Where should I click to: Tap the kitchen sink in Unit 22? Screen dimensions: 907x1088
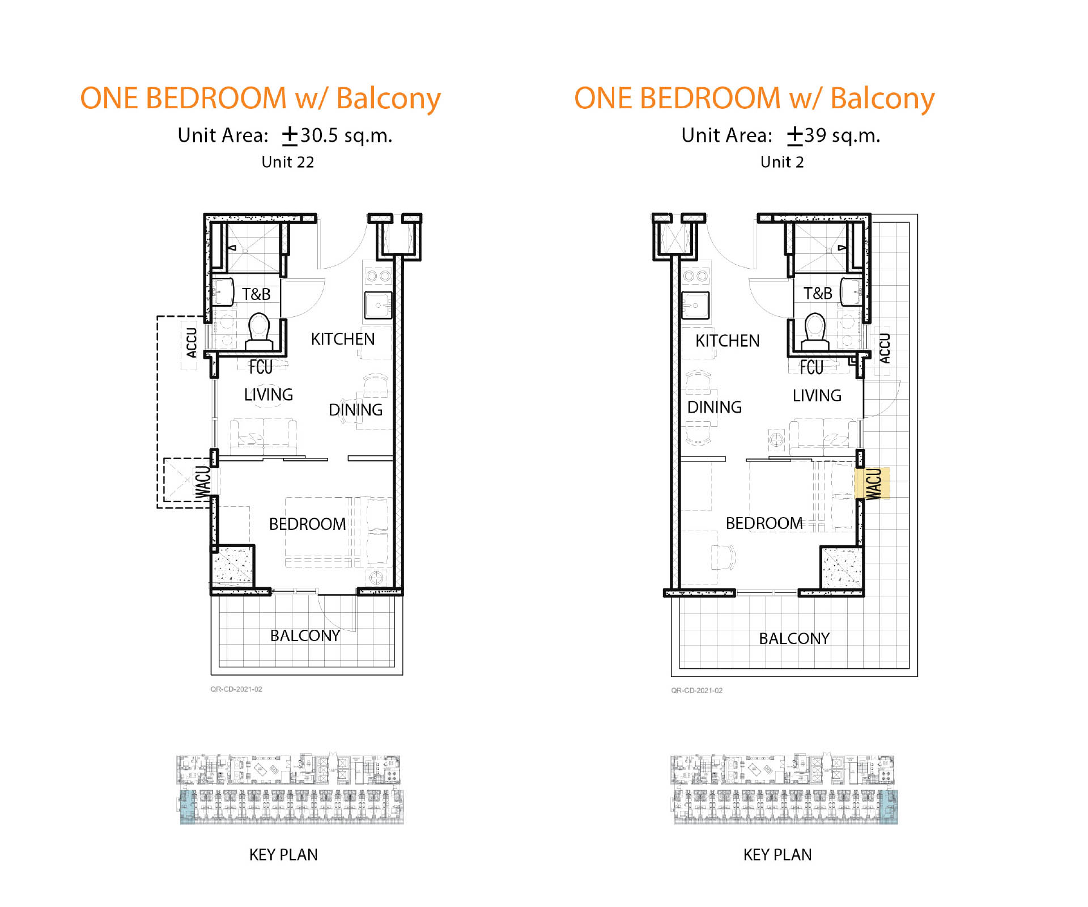pos(378,306)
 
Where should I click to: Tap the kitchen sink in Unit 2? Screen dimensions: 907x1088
pos(695,306)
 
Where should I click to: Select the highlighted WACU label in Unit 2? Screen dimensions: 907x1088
pos(873,484)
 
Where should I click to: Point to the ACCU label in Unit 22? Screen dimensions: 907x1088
pos(192,342)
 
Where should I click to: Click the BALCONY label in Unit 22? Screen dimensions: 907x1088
pos(305,636)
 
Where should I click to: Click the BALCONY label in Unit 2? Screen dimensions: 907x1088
pos(794,639)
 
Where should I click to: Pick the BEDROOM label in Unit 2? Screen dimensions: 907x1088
pos(764,523)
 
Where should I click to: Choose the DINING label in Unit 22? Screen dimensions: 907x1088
pos(355,410)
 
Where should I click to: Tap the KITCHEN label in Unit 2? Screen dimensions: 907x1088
pos(728,341)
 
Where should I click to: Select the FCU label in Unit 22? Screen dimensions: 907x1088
pos(261,367)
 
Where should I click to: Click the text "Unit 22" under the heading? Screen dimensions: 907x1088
pos(287,162)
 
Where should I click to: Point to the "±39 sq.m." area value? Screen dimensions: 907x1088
pos(834,135)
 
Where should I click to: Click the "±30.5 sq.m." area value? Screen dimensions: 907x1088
pos(338,135)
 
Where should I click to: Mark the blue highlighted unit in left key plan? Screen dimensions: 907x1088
pos(188,807)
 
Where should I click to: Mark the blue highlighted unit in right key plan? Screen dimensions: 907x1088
pos(889,807)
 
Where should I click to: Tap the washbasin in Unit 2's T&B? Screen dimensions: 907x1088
pos(851,292)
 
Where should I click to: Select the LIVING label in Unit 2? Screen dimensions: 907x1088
pos(817,396)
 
